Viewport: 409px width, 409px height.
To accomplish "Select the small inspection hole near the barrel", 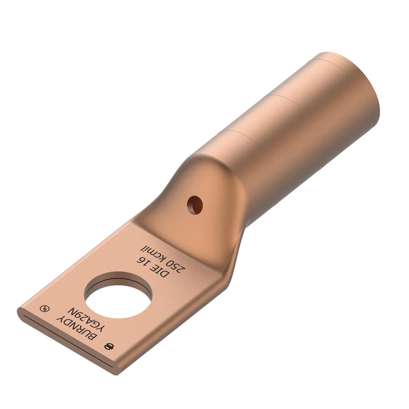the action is coord(195,205).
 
